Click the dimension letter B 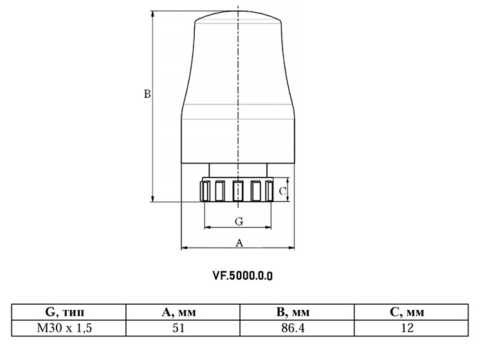pyautogui.click(x=147, y=94)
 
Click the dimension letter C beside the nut pyautogui.click(x=282, y=192)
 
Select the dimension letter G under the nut pyautogui.click(x=239, y=221)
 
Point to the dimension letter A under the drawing pyautogui.click(x=239, y=243)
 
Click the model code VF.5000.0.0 pyautogui.click(x=243, y=276)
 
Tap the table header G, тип pyautogui.click(x=65, y=312)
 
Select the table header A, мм pyautogui.click(x=179, y=312)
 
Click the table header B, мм pyautogui.click(x=293, y=312)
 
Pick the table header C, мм pyautogui.click(x=407, y=312)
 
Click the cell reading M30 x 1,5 pyautogui.click(x=65, y=328)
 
